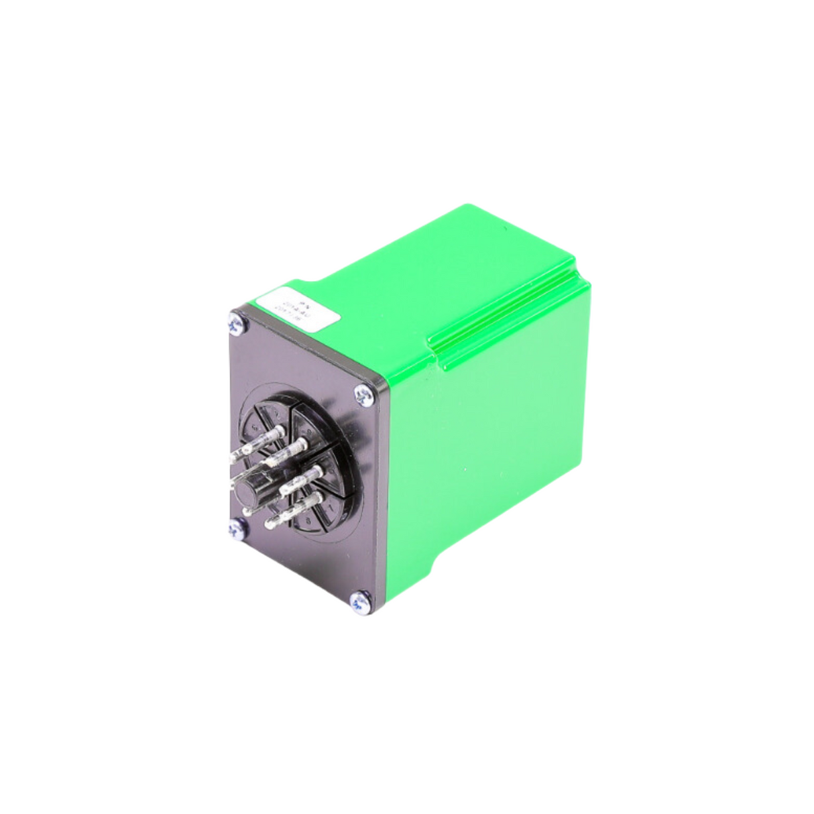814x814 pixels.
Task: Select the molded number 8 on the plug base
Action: tap(308, 520)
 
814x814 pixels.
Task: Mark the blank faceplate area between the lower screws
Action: tap(302, 570)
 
